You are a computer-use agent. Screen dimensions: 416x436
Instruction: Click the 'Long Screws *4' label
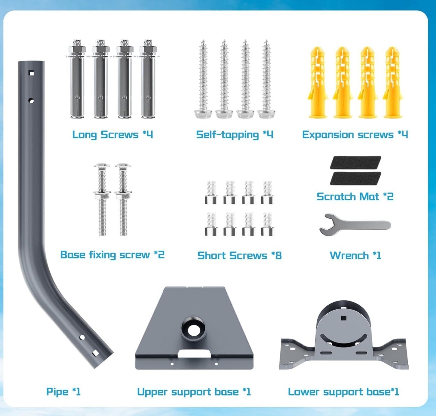(112, 134)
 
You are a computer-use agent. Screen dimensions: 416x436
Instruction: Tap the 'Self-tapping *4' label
(234, 134)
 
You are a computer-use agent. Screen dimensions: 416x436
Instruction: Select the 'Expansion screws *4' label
(355, 134)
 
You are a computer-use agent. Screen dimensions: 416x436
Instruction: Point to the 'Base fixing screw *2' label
(112, 255)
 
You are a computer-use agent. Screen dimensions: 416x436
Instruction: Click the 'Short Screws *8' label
(239, 255)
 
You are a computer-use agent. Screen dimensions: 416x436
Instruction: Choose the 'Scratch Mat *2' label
(355, 196)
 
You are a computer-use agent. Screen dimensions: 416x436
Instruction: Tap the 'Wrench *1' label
(355, 255)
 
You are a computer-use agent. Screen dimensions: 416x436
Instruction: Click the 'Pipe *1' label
(63, 391)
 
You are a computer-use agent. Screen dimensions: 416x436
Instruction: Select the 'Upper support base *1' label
(194, 391)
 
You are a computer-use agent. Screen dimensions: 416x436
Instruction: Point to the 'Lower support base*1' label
(343, 391)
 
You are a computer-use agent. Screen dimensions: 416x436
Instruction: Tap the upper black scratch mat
(355, 162)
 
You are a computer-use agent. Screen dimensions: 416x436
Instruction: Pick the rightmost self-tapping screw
(267, 79)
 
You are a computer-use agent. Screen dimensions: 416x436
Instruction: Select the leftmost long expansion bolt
(77, 79)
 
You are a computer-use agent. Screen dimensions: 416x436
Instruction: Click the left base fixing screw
(102, 199)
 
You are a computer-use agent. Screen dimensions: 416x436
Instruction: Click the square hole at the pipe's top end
(31, 73)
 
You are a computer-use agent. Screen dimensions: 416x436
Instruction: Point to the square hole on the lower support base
(343, 318)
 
